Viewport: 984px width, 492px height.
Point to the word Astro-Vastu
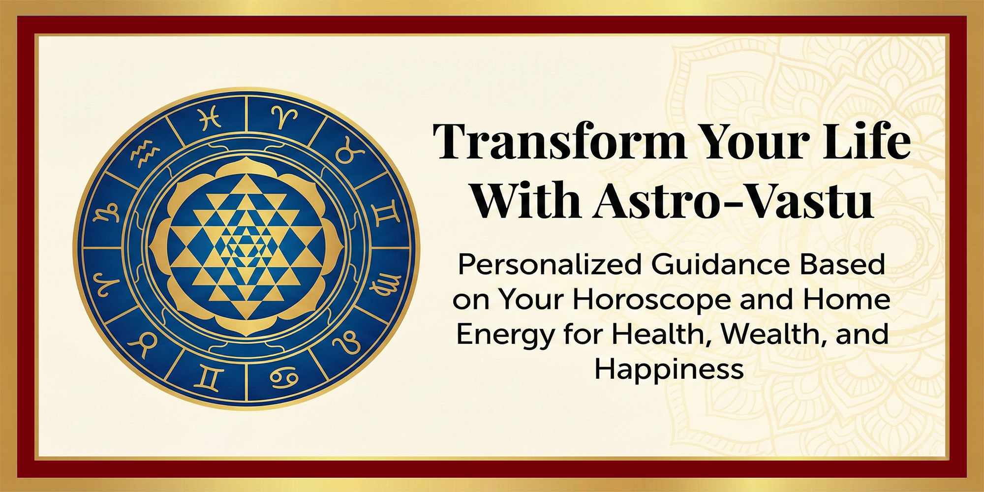734,201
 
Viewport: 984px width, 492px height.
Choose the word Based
843,264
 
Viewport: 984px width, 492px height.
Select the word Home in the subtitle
846,299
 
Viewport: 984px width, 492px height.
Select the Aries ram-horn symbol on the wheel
284,117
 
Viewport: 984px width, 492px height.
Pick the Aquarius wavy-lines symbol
145,152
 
